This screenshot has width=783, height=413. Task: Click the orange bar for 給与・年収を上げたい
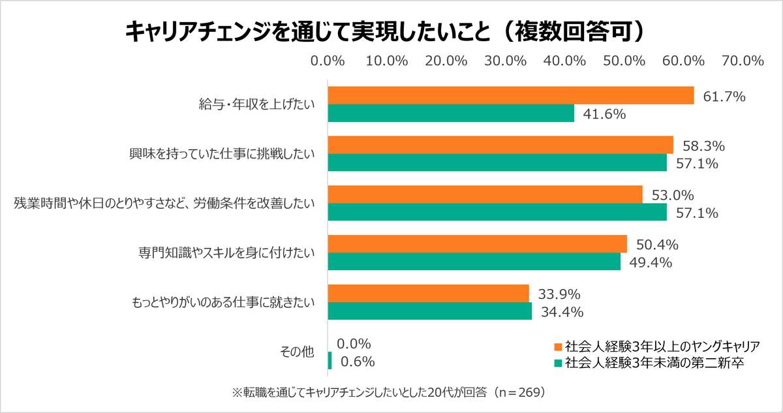(510, 96)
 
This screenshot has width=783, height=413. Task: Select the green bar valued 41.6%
(451, 114)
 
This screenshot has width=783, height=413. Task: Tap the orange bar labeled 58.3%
(500, 145)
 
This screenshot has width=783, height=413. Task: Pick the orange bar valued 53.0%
(485, 194)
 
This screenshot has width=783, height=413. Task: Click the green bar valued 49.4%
(474, 262)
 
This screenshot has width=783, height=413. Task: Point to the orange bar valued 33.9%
(428, 294)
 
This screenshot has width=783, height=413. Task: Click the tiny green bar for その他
(330, 361)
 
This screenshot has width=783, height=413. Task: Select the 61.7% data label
(724, 97)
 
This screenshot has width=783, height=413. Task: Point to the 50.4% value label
(657, 245)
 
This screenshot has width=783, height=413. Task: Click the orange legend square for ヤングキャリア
(558, 345)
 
